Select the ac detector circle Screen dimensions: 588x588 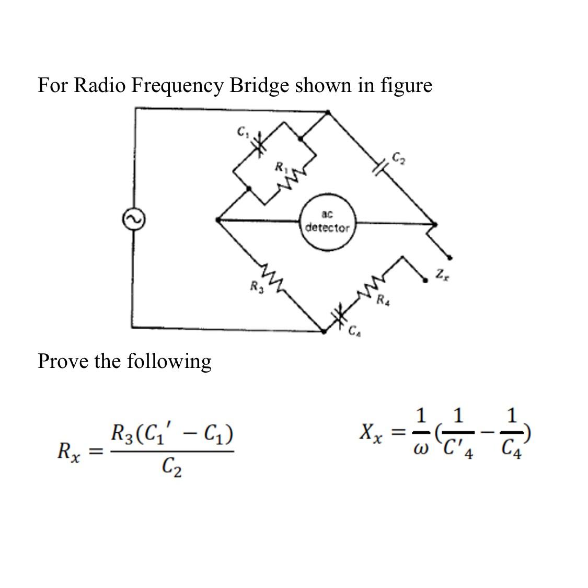328,222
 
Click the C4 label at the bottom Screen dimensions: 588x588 355,330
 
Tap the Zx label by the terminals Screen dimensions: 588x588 442,273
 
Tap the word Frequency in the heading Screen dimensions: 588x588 177,85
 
